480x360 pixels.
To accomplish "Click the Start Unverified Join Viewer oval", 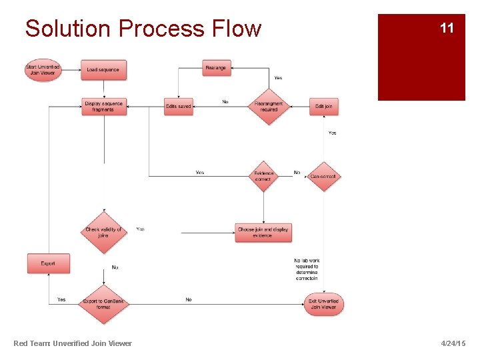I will [43, 70].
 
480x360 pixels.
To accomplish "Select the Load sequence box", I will [103, 70].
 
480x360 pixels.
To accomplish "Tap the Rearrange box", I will [216, 67].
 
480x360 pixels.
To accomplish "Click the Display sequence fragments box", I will [104, 106].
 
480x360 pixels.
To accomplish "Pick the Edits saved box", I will [178, 106].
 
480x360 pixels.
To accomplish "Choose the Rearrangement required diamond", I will [269, 106].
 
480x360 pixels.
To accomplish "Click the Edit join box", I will [324, 106].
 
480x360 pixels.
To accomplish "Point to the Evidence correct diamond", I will [263, 176].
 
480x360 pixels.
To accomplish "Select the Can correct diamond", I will [323, 176].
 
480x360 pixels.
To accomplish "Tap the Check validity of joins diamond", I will [103, 232].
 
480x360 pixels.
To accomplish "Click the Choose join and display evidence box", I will [263, 232].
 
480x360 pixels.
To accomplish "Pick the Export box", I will [48, 263].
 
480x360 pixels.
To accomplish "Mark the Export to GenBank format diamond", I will [103, 304].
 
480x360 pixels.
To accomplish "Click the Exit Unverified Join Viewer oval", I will [323, 304].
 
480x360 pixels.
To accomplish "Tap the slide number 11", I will [447, 28].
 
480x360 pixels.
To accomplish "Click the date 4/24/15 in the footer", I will [453, 343].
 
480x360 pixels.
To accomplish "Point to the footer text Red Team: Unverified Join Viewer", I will [73, 343].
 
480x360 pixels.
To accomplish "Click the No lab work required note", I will [307, 269].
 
